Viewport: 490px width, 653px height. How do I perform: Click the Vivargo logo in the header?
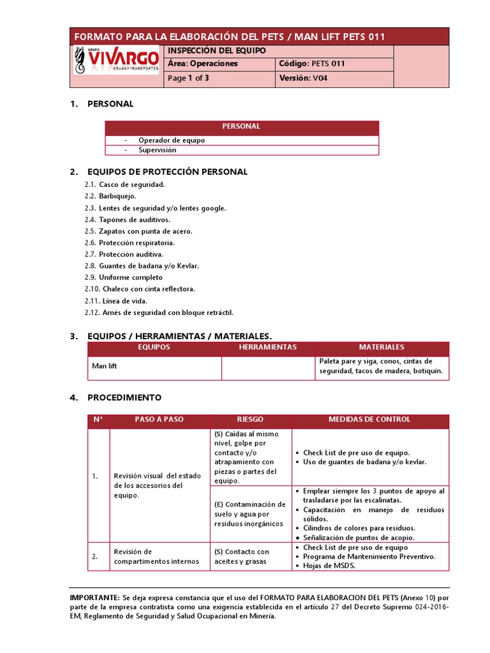[x=116, y=59]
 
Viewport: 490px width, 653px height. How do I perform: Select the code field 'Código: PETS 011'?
[x=312, y=64]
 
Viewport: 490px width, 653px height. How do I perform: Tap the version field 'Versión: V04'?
[x=304, y=78]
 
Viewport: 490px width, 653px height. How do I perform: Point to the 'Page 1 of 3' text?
[x=188, y=78]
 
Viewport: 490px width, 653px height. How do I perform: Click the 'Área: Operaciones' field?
[x=203, y=64]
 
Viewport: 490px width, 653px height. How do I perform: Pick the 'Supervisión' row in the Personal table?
[x=158, y=150]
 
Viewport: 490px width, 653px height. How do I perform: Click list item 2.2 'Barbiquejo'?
[x=117, y=196]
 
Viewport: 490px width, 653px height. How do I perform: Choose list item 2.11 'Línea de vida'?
[x=124, y=300]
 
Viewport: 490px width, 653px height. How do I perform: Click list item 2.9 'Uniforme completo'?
[x=130, y=277]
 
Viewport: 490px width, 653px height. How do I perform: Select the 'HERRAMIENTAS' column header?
[x=268, y=348]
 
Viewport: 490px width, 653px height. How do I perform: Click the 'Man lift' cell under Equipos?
[x=105, y=366]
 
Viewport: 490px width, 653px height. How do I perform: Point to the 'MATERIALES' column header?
[x=382, y=348]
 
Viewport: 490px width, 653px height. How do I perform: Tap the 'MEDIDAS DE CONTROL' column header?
[x=369, y=420]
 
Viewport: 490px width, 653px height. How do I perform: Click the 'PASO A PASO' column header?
[x=159, y=420]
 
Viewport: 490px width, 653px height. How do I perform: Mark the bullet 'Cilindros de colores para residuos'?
[x=359, y=528]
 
